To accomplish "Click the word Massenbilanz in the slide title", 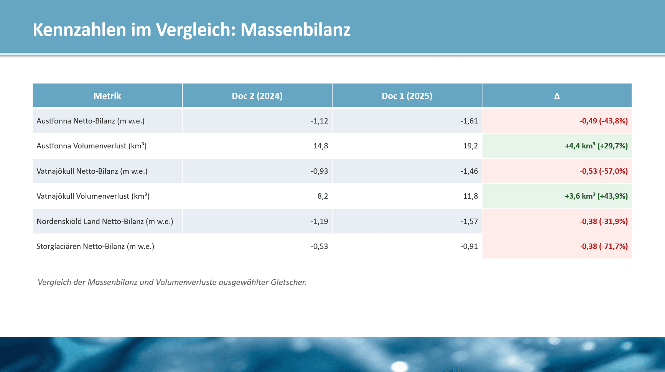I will point(295,30).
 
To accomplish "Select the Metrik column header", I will point(107,96).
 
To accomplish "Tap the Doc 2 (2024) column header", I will point(257,96).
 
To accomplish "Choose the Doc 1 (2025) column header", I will point(407,96).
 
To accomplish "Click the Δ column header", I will point(557,96).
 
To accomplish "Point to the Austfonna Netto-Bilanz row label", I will point(91,121).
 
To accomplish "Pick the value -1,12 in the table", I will point(319,121).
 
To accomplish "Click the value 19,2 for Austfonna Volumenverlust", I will point(470,146).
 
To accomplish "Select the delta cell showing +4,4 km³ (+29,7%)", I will point(596,146).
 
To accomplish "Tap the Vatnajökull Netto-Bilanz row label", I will point(92,171).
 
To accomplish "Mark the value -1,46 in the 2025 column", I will point(469,171).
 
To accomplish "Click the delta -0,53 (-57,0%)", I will point(603,171).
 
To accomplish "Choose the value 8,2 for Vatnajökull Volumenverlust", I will point(323,196).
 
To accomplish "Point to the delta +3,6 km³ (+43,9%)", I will point(596,196).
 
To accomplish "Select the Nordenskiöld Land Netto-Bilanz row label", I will point(105,222).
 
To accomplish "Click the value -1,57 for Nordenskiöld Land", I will point(469,222).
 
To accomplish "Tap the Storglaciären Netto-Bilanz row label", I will point(95,247).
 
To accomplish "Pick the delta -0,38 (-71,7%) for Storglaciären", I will point(603,247).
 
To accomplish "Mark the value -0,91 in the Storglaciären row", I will point(469,247).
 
